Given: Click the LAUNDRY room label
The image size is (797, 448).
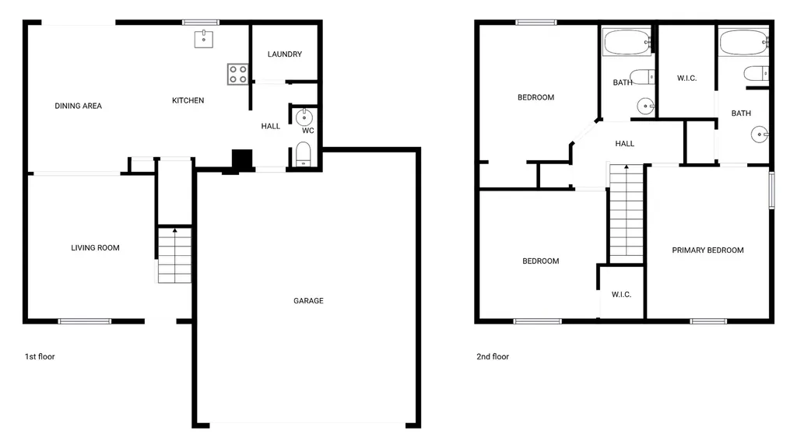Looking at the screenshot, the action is pos(285,54).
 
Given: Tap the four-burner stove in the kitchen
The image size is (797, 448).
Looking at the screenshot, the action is pos(238,74).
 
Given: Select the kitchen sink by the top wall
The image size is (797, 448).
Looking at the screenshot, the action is pos(204,39).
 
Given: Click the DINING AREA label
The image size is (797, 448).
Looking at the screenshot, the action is pos(79,106).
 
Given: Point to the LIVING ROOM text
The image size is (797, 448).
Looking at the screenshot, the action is pos(95,248).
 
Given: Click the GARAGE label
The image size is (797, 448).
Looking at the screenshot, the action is pos(308,301).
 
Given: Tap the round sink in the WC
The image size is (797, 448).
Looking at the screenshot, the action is pos(304,118).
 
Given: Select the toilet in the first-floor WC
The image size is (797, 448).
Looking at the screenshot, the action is pos(303,155).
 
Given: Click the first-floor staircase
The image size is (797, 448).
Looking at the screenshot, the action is pos(175,255).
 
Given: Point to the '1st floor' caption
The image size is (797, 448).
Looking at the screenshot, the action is pos(40,356).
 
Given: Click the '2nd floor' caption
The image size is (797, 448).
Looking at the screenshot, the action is pos(493,356).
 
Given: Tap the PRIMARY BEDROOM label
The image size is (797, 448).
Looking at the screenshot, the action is pos(707,250).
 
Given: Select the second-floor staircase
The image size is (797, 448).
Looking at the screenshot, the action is pos(627,213).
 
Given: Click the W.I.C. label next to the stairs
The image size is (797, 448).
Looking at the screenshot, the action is pos(621,295).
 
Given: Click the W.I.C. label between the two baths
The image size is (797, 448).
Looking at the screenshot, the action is pos(686,79).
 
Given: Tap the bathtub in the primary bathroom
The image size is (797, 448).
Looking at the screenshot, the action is pos(744,42).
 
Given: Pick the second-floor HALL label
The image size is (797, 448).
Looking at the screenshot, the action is pos(625,144).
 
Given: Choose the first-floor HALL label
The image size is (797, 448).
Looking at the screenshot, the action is pos(270,127).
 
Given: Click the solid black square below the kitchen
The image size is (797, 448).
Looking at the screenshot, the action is pos(242,159).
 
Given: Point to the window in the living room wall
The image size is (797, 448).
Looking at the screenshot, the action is pos(84,321).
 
